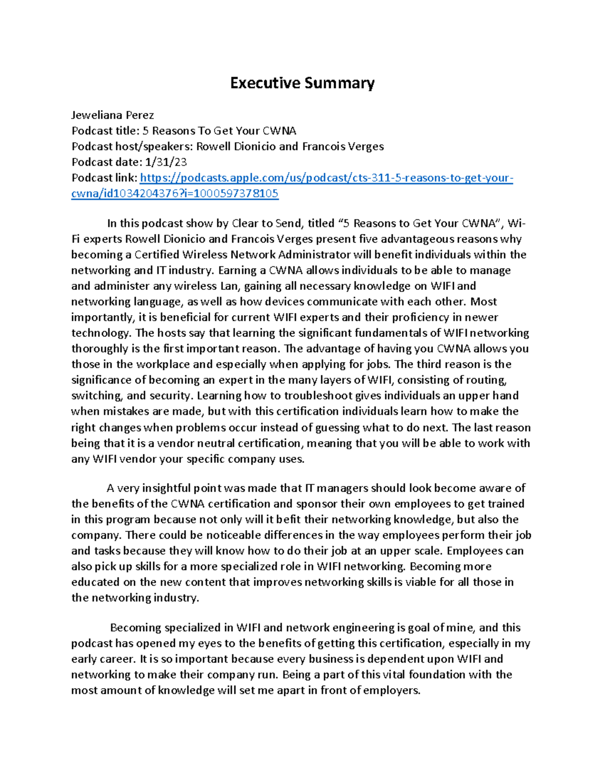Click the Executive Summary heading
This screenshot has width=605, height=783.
[x=302, y=83]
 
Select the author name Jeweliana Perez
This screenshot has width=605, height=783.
[x=112, y=115]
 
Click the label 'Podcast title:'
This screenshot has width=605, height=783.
[x=105, y=131]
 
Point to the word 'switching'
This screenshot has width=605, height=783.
[x=94, y=396]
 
